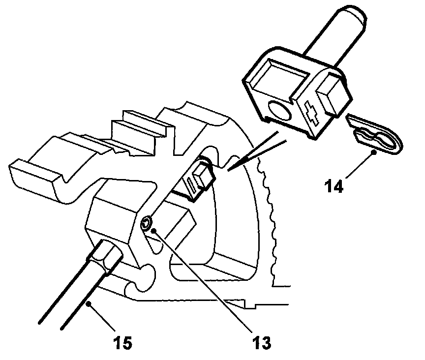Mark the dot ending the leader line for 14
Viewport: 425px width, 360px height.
pyautogui.click(x=375, y=152)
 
